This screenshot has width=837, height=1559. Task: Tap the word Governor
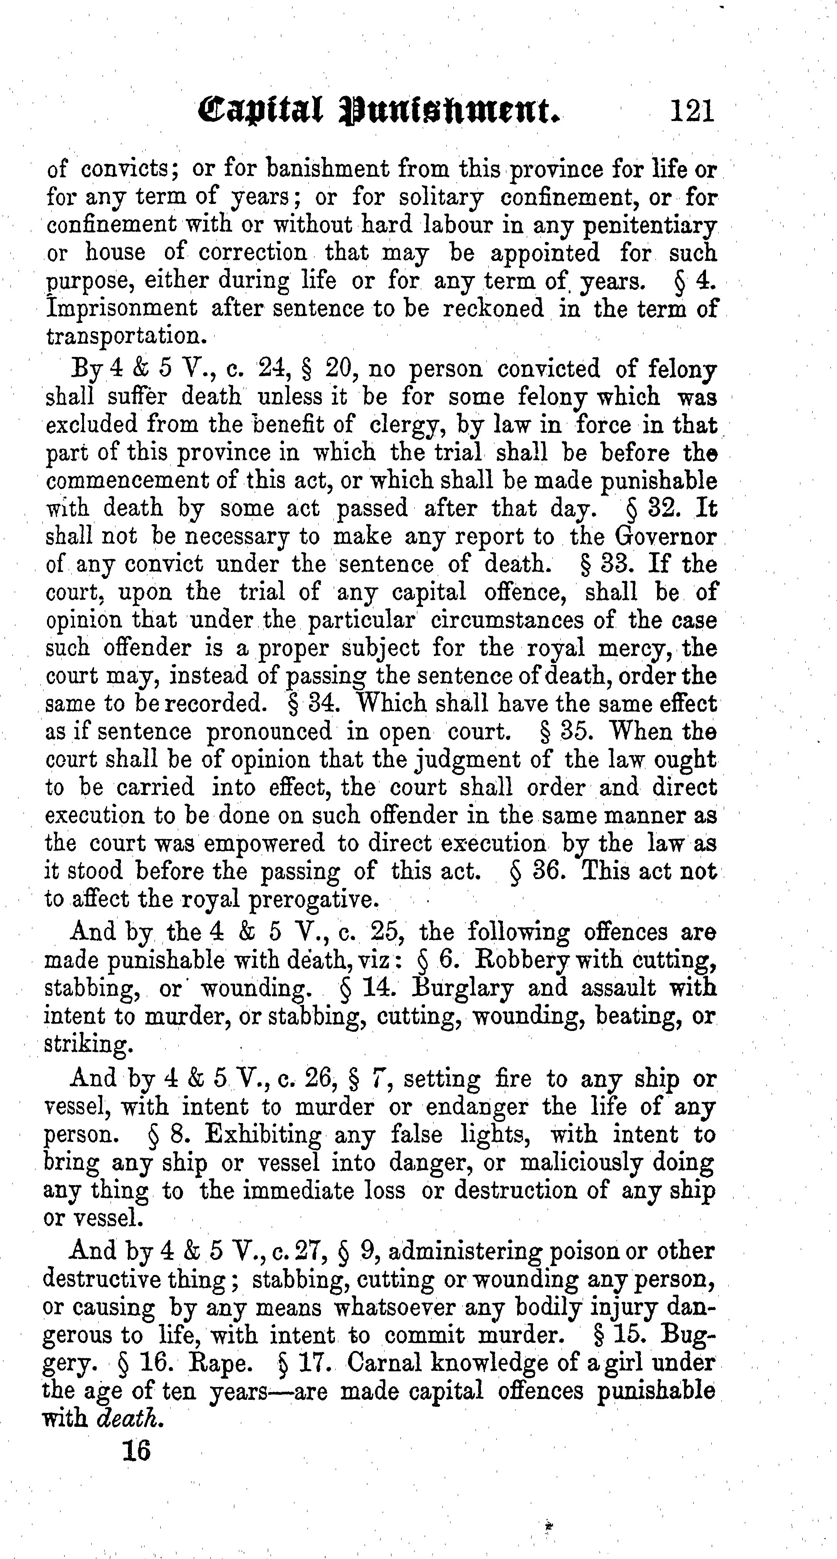[x=666, y=536]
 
